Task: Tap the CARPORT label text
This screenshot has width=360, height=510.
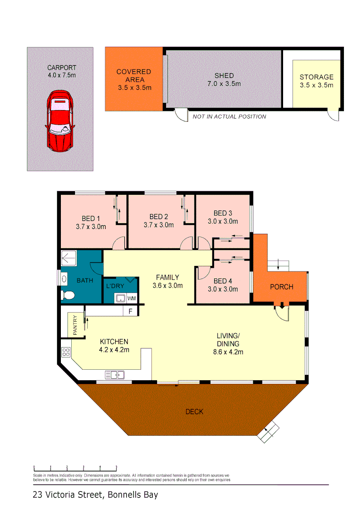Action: (x=61, y=68)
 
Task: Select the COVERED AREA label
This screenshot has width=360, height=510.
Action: (x=134, y=79)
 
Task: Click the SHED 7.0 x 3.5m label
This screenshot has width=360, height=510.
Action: (x=224, y=79)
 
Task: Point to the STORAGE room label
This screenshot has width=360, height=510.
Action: (x=316, y=81)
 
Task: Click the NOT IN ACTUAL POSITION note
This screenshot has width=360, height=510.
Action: (x=229, y=117)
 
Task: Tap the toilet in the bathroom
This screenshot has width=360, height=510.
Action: (x=67, y=296)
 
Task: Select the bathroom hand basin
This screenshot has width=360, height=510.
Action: (x=64, y=278)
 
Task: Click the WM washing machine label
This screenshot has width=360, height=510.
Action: (x=131, y=298)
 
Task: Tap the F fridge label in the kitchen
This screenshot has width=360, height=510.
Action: (x=131, y=312)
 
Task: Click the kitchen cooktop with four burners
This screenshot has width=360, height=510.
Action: (x=66, y=352)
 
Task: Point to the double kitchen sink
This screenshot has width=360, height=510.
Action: (x=114, y=375)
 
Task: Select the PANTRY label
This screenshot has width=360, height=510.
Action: (x=74, y=325)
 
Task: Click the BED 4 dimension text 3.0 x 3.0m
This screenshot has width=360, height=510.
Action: (x=223, y=289)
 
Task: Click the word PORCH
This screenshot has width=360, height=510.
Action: (x=282, y=287)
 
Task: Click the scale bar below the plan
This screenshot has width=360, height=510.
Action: (x=75, y=467)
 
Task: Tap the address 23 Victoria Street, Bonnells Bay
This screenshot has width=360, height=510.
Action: (x=95, y=495)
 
